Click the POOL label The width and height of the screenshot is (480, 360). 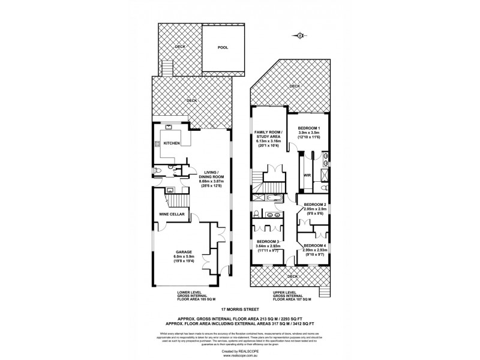223,47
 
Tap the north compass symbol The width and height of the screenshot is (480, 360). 299,36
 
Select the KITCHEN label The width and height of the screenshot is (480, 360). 172,144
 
